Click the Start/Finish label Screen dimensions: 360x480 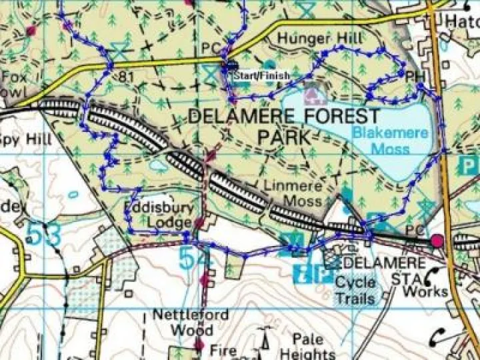tap(261, 76)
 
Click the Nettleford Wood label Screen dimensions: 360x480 tap(191, 321)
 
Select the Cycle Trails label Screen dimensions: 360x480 tap(355, 290)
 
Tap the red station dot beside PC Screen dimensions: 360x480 tap(437, 240)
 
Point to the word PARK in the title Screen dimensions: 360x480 tap(285, 137)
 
